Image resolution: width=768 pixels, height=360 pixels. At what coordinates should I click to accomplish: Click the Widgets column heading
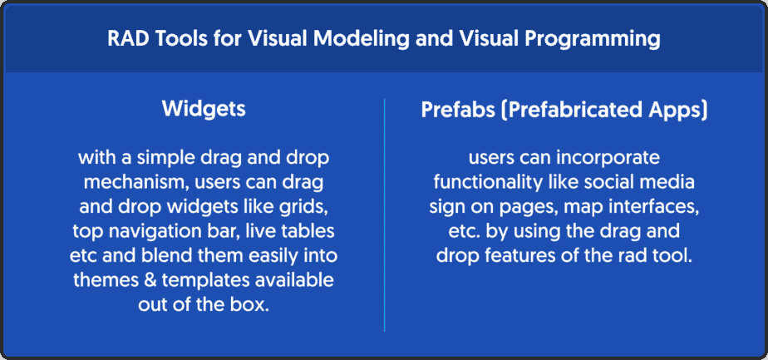coord(204,110)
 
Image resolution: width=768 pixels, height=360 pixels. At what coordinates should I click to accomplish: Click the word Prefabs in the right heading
coord(455,110)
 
